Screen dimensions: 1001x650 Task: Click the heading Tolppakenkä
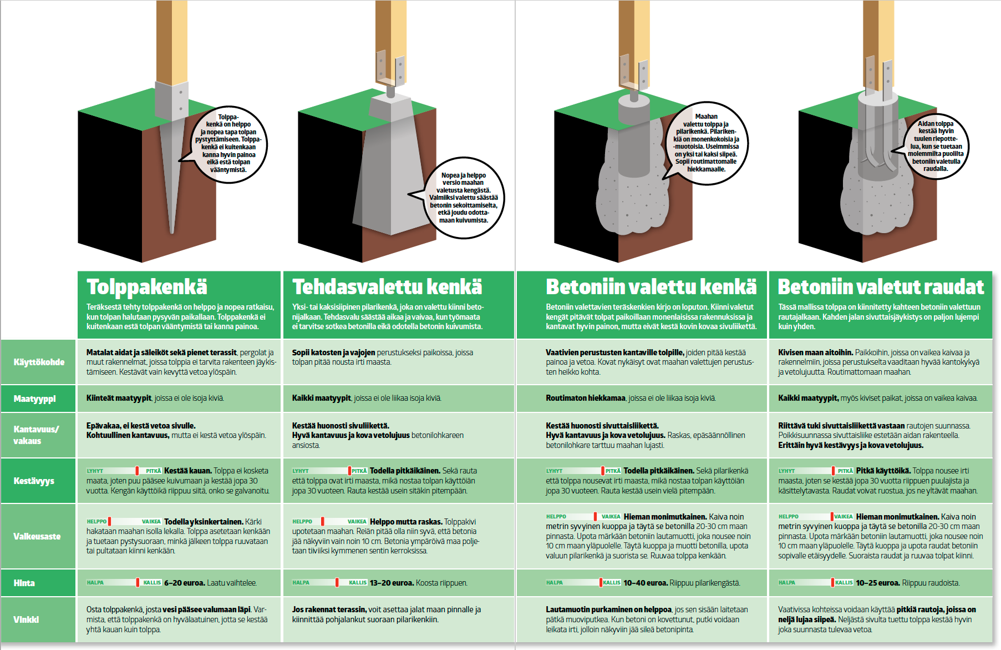(x=147, y=287)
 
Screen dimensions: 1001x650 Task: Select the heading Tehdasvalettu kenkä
(x=387, y=287)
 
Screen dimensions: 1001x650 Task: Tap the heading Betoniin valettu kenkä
(x=651, y=287)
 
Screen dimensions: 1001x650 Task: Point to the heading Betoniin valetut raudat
(x=881, y=287)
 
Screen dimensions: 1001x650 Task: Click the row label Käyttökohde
(x=39, y=362)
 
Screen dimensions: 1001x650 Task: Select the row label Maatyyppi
(x=35, y=399)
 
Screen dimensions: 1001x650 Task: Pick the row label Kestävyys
(x=34, y=481)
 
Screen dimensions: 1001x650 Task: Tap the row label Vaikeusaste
(x=37, y=536)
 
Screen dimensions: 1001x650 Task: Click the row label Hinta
(x=24, y=583)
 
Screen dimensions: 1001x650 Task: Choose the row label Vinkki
(x=26, y=619)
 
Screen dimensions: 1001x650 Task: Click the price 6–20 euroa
(x=184, y=583)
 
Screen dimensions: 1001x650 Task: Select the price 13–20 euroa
(x=392, y=583)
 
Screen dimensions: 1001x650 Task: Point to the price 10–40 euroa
(x=646, y=583)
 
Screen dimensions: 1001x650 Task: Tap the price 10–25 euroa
(x=877, y=583)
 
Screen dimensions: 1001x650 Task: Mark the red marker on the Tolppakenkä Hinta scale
(x=138, y=582)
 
